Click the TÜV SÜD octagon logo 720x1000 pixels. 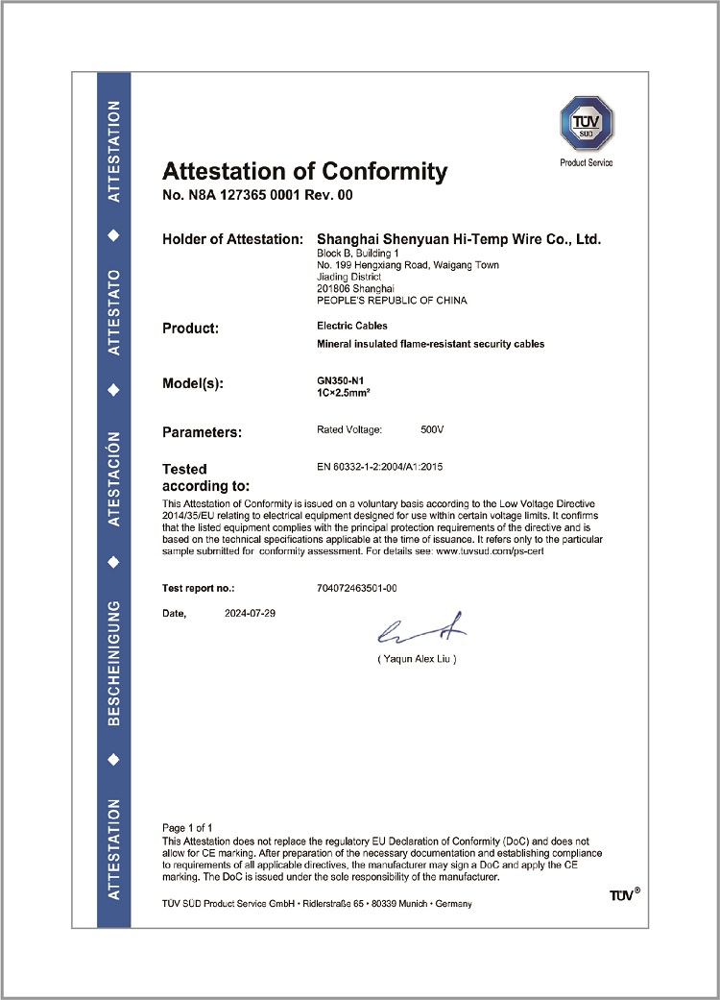(x=586, y=123)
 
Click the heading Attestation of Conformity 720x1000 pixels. (x=304, y=172)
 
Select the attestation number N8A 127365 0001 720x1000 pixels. (x=245, y=196)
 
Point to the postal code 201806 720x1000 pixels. (x=333, y=288)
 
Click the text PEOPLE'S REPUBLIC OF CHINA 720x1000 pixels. (x=391, y=301)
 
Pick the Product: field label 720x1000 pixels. (x=191, y=328)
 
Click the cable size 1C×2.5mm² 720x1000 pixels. (x=344, y=392)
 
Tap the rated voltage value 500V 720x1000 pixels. (x=432, y=428)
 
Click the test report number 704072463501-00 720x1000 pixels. (x=356, y=587)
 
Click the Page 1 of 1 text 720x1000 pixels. (x=187, y=827)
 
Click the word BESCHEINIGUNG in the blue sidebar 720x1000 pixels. (x=113, y=664)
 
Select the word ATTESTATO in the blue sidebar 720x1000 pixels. (x=113, y=313)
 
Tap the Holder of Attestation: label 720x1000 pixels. (x=232, y=239)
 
